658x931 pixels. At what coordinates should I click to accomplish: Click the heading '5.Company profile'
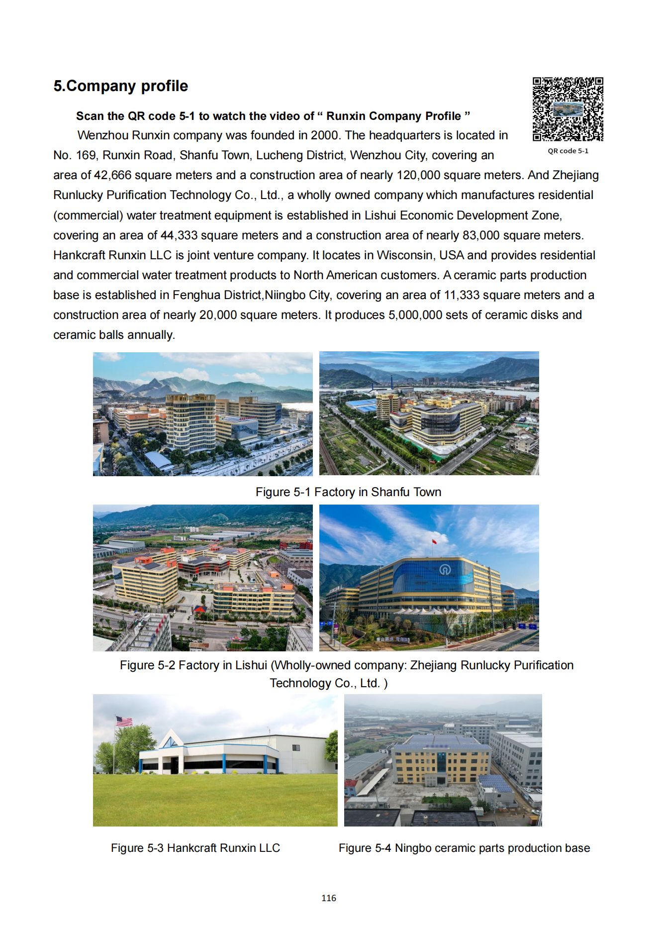(x=121, y=86)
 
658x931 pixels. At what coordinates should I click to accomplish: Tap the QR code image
(x=567, y=109)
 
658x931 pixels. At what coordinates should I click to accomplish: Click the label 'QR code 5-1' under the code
(x=567, y=151)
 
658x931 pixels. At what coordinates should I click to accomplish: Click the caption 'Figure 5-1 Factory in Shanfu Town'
(x=348, y=492)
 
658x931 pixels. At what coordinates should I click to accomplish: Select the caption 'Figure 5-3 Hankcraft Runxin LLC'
(x=195, y=848)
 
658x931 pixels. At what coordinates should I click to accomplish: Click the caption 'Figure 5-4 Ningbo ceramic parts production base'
(x=464, y=848)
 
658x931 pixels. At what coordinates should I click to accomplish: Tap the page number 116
(x=329, y=898)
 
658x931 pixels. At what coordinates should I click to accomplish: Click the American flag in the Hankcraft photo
(x=124, y=721)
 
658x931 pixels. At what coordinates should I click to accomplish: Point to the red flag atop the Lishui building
(x=434, y=541)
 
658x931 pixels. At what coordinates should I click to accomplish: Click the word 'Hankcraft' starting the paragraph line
(x=79, y=255)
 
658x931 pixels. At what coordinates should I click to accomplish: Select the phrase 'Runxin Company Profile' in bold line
(x=393, y=116)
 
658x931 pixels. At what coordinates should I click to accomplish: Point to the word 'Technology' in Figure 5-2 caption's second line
(x=300, y=683)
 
